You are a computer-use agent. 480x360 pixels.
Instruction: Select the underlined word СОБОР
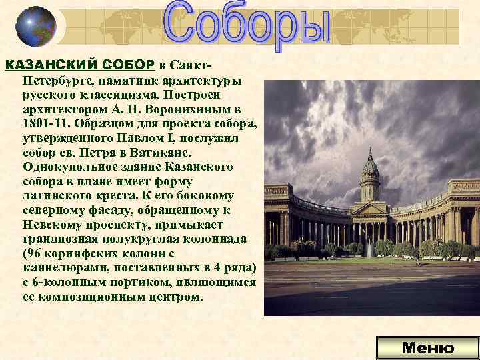129,65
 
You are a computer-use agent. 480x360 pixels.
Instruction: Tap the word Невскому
54,225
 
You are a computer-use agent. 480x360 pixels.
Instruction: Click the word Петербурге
57,79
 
